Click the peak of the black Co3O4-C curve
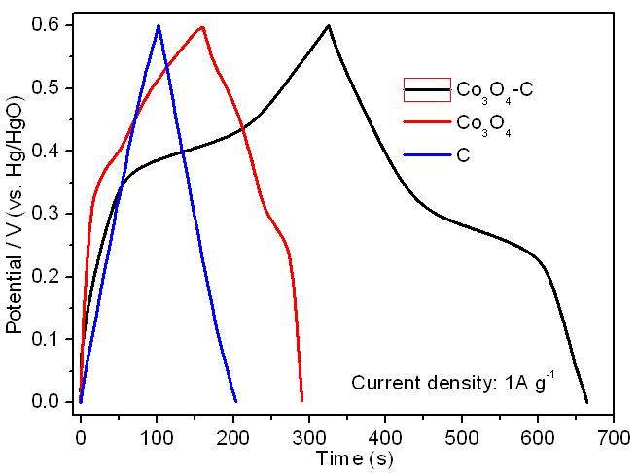329,26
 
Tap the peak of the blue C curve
158,26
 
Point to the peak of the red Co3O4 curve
201,27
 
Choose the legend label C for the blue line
462,154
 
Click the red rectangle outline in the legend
427,89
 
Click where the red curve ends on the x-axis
301,399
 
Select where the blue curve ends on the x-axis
235,400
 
